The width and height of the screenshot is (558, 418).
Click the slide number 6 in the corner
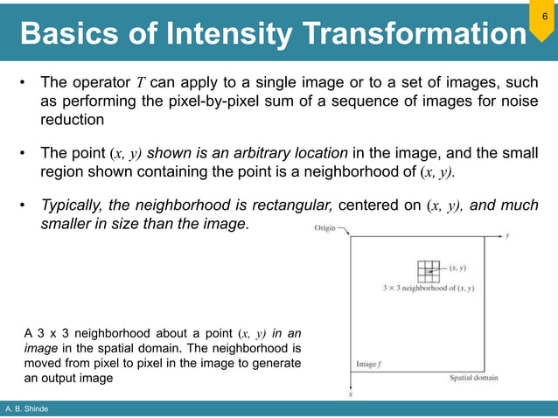click(544, 17)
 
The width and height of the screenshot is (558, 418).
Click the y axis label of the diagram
click(508, 235)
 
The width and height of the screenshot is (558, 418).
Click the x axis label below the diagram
click(351, 394)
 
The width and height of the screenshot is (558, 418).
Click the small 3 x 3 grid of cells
click(427, 269)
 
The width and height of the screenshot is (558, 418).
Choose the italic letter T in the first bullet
click(141, 83)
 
